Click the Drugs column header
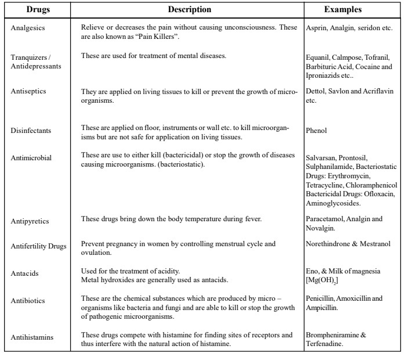pyautogui.click(x=37, y=10)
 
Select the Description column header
pyautogui.click(x=189, y=10)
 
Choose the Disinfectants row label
pyautogui.click(x=31, y=131)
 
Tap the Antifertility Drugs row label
pyautogui.click(x=38, y=246)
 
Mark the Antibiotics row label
pyautogui.click(x=28, y=301)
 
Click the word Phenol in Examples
pyautogui.click(x=316, y=131)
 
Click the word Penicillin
pyautogui.click(x=319, y=298)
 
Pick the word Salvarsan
pyautogui.click(x=320, y=157)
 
